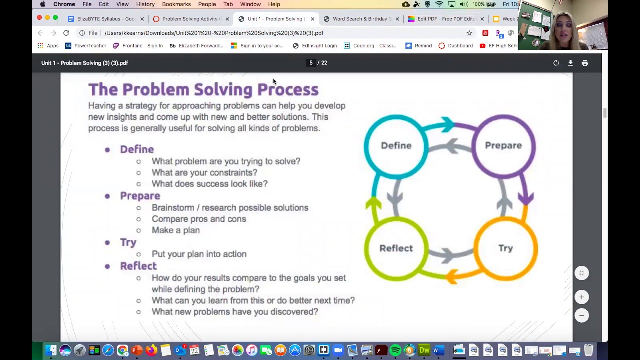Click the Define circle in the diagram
click(396, 146)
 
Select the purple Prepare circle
click(503, 146)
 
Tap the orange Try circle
click(505, 248)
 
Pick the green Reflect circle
click(396, 248)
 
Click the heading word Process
click(287, 90)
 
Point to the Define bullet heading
click(137, 149)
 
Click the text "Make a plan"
click(175, 230)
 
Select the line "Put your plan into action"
click(199, 254)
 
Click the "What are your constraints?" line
click(204, 173)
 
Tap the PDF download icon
click(570, 63)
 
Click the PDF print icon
click(585, 63)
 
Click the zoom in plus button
click(581, 297)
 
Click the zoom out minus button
click(581, 315)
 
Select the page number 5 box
click(311, 63)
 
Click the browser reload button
click(66, 33)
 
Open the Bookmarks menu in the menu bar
click(176, 4)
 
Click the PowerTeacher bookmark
click(85, 46)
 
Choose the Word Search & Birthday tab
click(361, 19)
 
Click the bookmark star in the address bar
click(469, 33)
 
